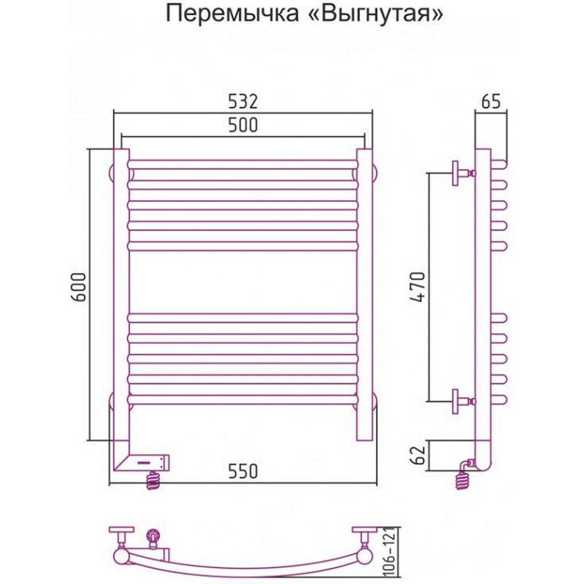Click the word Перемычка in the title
[x=226, y=14]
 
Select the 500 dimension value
[x=242, y=125]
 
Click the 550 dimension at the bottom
[x=242, y=472]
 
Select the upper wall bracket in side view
[x=461, y=173]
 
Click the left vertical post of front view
[x=120, y=292]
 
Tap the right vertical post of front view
[x=365, y=292]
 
